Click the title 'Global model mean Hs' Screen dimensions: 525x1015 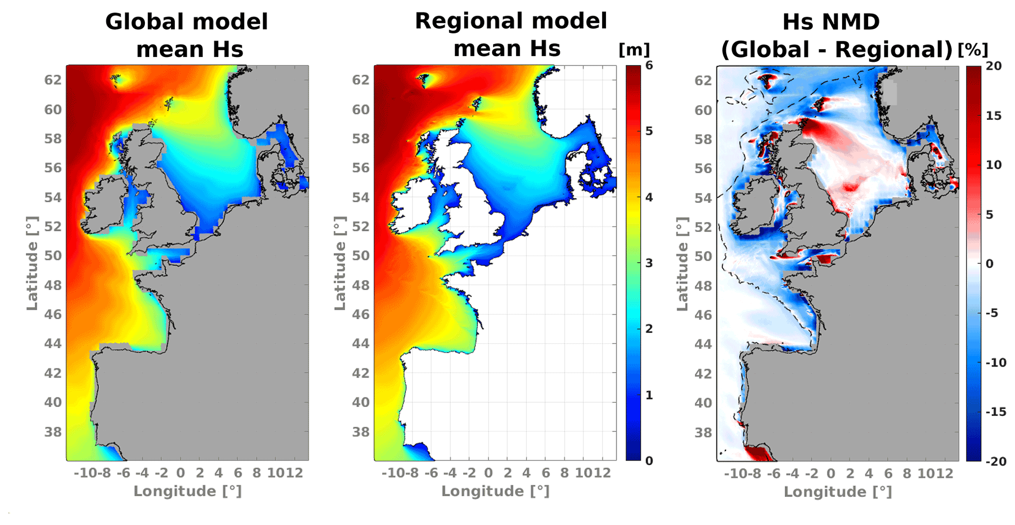click(x=187, y=35)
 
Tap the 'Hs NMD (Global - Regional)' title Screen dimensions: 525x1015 click(x=837, y=35)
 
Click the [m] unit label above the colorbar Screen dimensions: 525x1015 click(x=634, y=50)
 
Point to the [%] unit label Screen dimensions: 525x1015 click(x=972, y=50)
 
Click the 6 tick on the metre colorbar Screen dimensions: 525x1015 click(x=649, y=65)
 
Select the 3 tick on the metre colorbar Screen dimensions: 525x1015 click(x=649, y=263)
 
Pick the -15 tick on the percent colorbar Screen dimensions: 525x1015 click(x=995, y=412)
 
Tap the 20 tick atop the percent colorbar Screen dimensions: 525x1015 click(x=994, y=66)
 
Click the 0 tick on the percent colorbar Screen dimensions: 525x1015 click(x=989, y=263)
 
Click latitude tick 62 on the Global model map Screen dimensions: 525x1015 click(x=53, y=80)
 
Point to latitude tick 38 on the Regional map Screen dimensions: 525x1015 click(x=361, y=432)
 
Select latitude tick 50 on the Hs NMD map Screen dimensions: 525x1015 click(x=703, y=256)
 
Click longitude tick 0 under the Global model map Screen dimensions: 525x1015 click(x=181, y=473)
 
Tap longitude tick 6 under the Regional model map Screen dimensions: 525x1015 click(x=546, y=473)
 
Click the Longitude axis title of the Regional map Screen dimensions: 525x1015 click(x=495, y=491)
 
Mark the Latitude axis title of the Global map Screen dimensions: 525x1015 click(x=32, y=263)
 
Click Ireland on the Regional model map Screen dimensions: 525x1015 click(x=411, y=209)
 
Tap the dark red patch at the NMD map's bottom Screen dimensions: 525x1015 click(x=759, y=453)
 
